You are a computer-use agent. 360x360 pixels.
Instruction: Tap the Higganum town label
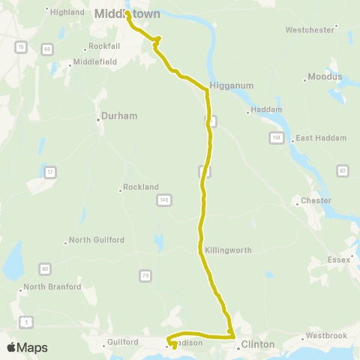(224, 85)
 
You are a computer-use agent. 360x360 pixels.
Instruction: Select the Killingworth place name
(227, 250)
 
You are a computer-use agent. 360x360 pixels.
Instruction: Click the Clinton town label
(258, 346)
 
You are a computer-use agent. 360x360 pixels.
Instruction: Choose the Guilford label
(123, 342)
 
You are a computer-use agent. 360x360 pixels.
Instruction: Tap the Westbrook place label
(325, 335)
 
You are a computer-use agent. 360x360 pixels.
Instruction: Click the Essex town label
(339, 259)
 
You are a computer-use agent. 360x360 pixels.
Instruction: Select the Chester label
(316, 201)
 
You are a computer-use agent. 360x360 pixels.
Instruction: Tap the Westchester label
(310, 30)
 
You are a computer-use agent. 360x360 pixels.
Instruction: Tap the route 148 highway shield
(164, 199)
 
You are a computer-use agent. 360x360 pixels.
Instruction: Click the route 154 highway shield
(277, 138)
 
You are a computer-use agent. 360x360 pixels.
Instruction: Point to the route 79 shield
(145, 277)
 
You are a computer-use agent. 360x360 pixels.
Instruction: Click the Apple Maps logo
(26, 347)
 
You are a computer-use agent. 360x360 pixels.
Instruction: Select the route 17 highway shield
(50, 172)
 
